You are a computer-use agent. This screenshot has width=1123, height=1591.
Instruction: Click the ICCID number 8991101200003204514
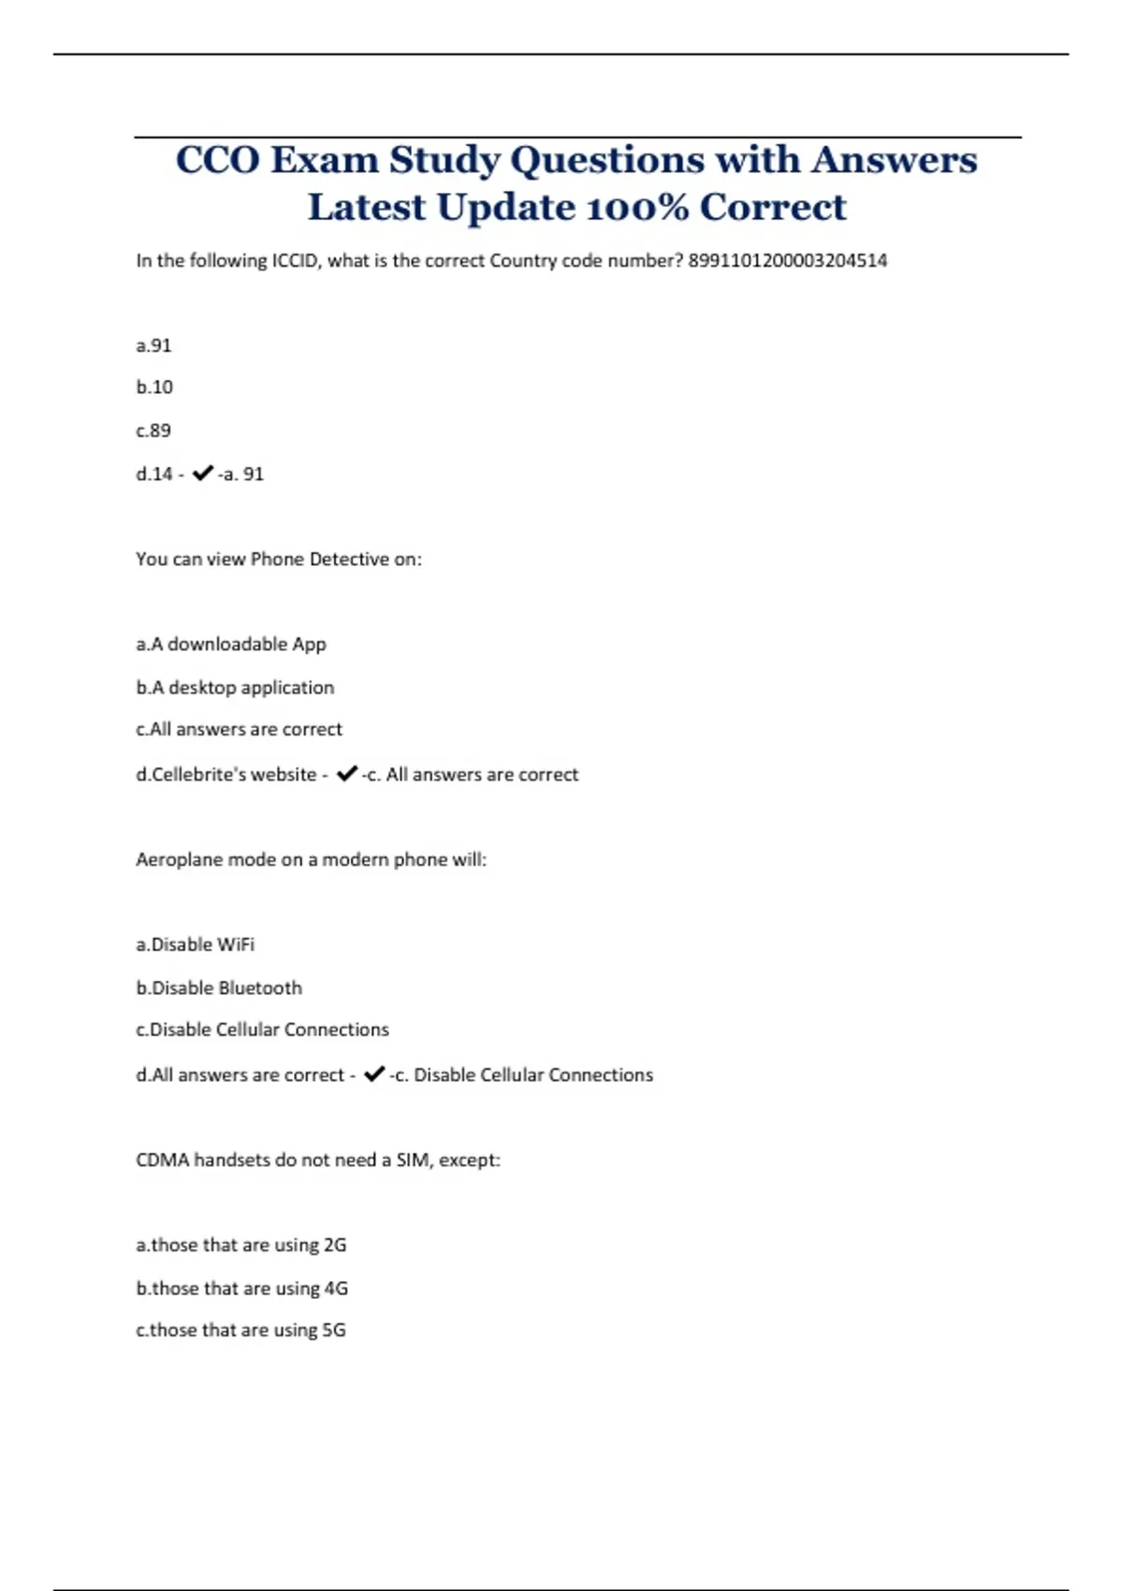[x=787, y=261]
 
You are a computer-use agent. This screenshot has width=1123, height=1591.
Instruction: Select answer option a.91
[x=153, y=345]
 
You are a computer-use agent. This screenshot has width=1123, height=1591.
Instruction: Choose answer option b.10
[x=154, y=387]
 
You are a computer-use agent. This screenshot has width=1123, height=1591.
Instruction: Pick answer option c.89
[x=153, y=431]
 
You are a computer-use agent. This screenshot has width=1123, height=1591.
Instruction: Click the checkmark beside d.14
[x=202, y=474]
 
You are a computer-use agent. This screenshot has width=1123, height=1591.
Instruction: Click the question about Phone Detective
[x=278, y=560]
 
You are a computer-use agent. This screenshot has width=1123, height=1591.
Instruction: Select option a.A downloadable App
[x=230, y=644]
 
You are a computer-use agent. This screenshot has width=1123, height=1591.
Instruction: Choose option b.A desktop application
[x=234, y=687]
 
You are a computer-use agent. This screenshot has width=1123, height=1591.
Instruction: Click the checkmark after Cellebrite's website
[x=346, y=774]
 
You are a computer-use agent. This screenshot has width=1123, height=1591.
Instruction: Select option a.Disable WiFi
[x=195, y=944]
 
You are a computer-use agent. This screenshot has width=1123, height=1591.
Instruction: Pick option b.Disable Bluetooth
[x=218, y=987]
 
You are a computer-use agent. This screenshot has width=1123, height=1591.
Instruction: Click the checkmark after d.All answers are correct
[x=373, y=1074]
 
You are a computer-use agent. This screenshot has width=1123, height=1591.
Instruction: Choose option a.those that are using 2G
[x=241, y=1245]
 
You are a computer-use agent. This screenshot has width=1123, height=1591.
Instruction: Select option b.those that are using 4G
[x=241, y=1288]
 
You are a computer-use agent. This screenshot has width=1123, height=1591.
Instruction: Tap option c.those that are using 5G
[x=241, y=1330]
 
